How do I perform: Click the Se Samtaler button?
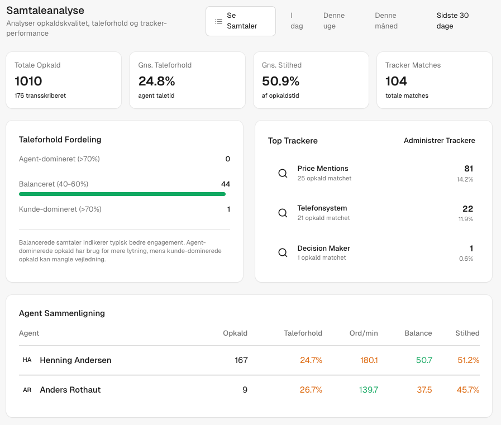tap(240, 21)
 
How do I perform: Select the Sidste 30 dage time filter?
tap(452, 21)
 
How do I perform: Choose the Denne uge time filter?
tap(333, 21)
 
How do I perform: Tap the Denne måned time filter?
tap(386, 21)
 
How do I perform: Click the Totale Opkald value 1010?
tap(28, 81)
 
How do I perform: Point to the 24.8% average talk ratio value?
tap(156, 81)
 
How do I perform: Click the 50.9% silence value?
tap(280, 81)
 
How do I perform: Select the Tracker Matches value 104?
tap(396, 81)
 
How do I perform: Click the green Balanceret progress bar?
tap(122, 194)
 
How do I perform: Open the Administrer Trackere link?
tap(439, 141)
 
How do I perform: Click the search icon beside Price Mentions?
tap(283, 173)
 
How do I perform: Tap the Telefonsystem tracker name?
tap(322, 208)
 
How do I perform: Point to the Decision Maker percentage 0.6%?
tap(466, 259)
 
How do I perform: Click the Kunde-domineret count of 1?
tap(228, 209)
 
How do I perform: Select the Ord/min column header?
tap(363, 333)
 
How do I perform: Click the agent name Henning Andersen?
tap(75, 360)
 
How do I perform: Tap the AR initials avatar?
tap(27, 390)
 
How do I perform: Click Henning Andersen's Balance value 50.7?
tap(424, 360)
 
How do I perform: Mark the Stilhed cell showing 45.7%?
tap(467, 390)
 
